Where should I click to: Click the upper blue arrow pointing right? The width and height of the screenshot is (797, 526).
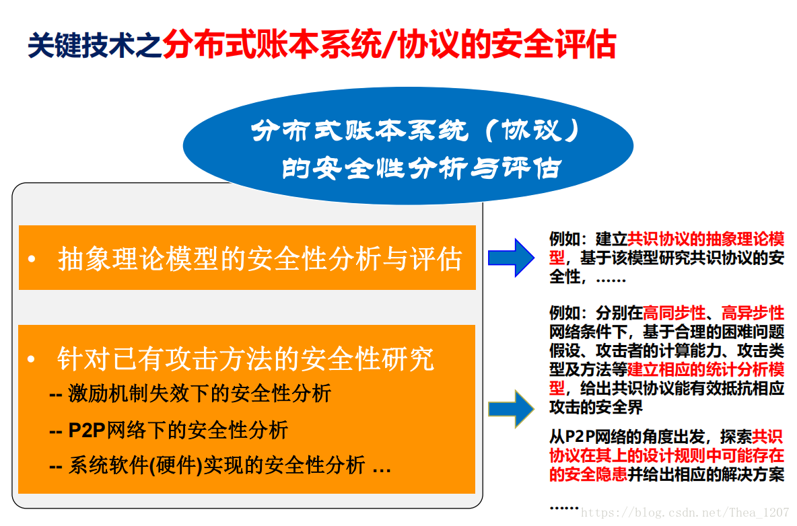[x=511, y=258]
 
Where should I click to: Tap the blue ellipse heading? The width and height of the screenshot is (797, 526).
[x=408, y=146]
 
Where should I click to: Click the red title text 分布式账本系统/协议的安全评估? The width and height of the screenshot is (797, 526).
[x=389, y=44]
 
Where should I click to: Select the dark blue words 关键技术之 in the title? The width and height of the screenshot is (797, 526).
[x=94, y=45]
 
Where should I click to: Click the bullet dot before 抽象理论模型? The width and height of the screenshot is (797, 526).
[x=32, y=259]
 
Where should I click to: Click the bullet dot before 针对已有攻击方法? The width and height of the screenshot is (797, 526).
[x=32, y=359]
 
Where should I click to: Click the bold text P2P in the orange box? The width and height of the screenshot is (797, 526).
[x=87, y=430]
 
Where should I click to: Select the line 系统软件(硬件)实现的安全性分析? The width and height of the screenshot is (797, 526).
[x=217, y=465]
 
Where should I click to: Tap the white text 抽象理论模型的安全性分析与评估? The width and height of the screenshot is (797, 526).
[x=260, y=259]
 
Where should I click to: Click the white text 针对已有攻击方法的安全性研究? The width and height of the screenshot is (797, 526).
[x=246, y=359]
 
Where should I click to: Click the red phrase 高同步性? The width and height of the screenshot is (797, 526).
[x=674, y=313]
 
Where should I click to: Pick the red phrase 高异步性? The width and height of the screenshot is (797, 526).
[x=753, y=313]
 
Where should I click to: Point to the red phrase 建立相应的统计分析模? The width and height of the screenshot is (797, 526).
[x=706, y=369]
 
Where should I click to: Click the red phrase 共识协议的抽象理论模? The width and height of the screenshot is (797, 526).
[x=706, y=239]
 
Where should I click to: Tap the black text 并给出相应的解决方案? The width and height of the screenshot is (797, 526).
[x=706, y=474]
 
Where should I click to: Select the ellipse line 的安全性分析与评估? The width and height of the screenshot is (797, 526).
[x=421, y=168]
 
